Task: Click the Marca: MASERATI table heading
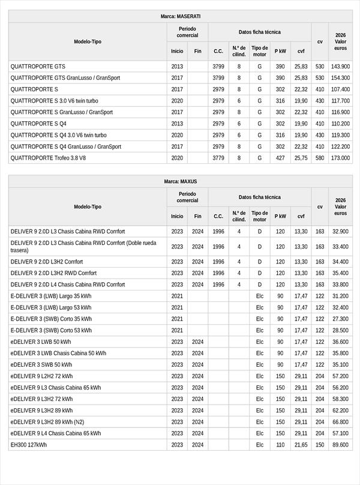pos(181,16)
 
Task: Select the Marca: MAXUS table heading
pos(181,181)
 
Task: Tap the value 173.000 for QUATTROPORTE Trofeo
pos(340,158)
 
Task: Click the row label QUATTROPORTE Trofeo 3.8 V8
pos(48,158)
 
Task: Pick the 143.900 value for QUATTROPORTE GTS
pos(340,67)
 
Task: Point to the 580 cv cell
pos(320,158)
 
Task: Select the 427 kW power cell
pos(280,158)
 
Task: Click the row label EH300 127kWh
pos(28,445)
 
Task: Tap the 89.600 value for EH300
pos(340,445)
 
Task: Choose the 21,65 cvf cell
pos(301,445)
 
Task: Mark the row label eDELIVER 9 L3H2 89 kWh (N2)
pos(47,422)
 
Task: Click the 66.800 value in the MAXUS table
pos(340,422)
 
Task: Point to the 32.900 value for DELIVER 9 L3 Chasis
pos(340,232)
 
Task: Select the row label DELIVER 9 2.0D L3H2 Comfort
pos(47,262)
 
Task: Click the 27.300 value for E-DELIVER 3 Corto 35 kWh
pos(340,319)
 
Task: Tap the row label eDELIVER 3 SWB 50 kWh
pos(41,364)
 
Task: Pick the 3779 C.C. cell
pos(218,158)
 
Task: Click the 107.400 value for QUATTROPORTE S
pos(340,89)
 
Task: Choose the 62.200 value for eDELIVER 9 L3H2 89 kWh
pos(340,411)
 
